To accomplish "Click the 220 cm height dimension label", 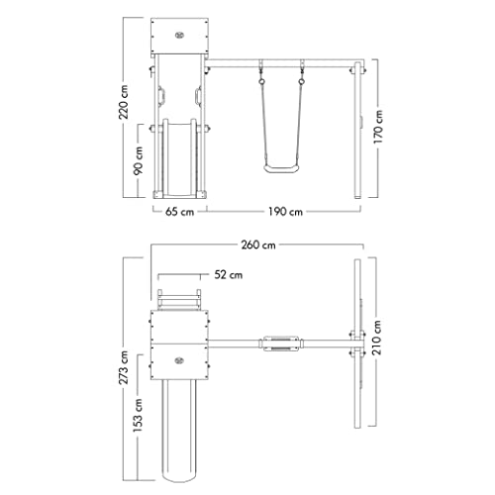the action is (124, 102).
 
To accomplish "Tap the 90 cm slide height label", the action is (139, 160).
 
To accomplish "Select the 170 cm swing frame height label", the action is (378, 127).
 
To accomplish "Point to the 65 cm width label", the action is (179, 212).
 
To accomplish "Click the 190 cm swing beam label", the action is (285, 212).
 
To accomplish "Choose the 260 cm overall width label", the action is (258, 246).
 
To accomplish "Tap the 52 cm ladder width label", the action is (229, 274).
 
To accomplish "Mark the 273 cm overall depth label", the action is (124, 367).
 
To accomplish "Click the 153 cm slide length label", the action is (138, 415).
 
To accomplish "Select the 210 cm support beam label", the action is (376, 338).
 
